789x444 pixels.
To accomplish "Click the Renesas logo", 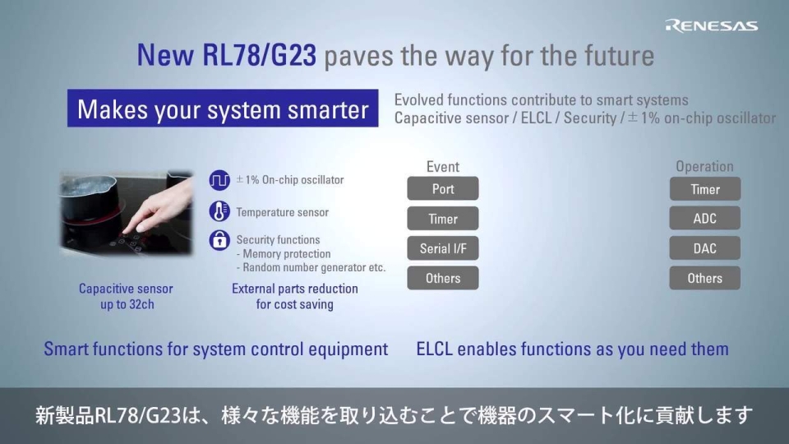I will click(711, 25).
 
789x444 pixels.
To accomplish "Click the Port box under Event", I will click(443, 189).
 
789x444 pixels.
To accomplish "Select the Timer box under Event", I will click(443, 219).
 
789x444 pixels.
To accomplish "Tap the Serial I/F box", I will click(443, 248).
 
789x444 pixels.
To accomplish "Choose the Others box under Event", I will click(443, 278).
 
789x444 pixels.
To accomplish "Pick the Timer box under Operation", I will click(704, 189).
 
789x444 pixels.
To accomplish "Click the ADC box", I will click(704, 219).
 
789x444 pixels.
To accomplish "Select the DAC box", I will click(704, 248).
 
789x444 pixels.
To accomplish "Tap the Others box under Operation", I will click(704, 278).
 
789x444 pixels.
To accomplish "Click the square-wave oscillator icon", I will click(219, 180).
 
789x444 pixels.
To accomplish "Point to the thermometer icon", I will click(219, 211).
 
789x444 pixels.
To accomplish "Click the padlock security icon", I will click(219, 240).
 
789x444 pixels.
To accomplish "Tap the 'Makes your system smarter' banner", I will click(223, 109).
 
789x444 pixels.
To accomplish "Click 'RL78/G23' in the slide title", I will click(258, 55).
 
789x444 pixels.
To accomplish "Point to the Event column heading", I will click(443, 166).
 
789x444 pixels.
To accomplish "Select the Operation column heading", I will click(704, 166).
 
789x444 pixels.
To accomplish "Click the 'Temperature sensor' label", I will click(282, 212).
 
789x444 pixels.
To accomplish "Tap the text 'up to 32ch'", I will click(127, 304).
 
